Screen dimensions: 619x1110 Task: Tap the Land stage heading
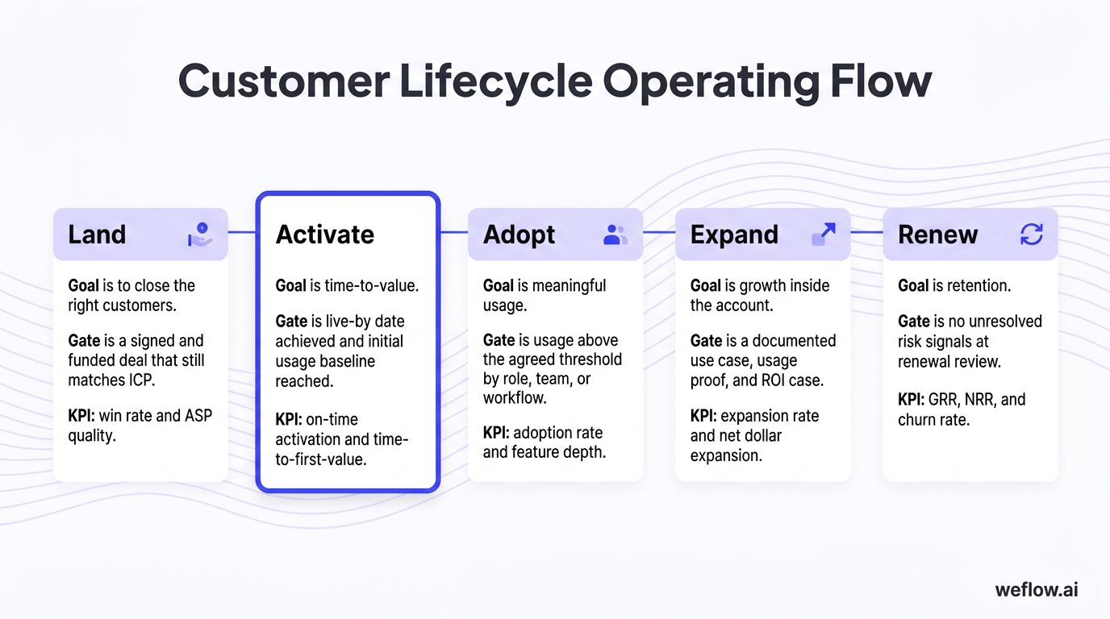click(97, 235)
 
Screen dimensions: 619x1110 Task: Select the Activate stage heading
click(325, 235)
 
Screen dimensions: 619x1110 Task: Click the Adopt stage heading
click(519, 235)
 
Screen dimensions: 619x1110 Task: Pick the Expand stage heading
click(734, 235)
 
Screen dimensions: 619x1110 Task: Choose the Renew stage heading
click(937, 235)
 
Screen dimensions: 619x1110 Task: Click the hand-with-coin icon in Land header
click(200, 235)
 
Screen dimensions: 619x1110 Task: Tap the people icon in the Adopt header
click(615, 235)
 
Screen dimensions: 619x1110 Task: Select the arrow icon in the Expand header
click(823, 235)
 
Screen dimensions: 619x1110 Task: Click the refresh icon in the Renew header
click(1031, 235)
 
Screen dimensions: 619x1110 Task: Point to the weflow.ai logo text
click(1037, 589)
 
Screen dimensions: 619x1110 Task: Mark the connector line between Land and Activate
click(242, 232)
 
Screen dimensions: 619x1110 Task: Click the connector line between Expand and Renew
click(867, 232)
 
